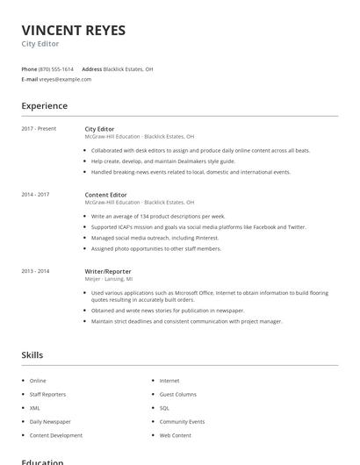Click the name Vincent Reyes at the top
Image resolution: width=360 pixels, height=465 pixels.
click(73, 31)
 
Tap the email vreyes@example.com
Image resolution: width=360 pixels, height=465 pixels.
click(65, 79)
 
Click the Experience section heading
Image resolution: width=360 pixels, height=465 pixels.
click(44, 106)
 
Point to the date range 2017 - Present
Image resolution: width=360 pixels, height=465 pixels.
click(39, 129)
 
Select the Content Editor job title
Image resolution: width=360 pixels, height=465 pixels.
click(105, 194)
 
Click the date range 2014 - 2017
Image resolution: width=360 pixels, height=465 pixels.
click(35, 194)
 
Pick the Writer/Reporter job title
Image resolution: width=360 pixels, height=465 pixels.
click(108, 271)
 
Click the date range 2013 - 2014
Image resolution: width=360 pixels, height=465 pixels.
click(35, 271)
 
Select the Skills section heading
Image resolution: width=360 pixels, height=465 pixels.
click(32, 355)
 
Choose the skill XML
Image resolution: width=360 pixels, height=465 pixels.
click(35, 408)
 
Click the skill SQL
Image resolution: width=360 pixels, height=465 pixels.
click(164, 408)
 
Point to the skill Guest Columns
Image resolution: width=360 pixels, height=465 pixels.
click(178, 395)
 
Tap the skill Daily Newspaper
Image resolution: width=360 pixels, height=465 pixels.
click(50, 422)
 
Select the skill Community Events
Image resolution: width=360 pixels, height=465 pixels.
click(182, 422)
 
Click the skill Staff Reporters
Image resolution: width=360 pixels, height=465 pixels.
click(47, 395)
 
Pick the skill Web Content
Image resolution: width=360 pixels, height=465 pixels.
click(175, 435)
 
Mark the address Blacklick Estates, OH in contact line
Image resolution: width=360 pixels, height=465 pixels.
click(128, 68)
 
